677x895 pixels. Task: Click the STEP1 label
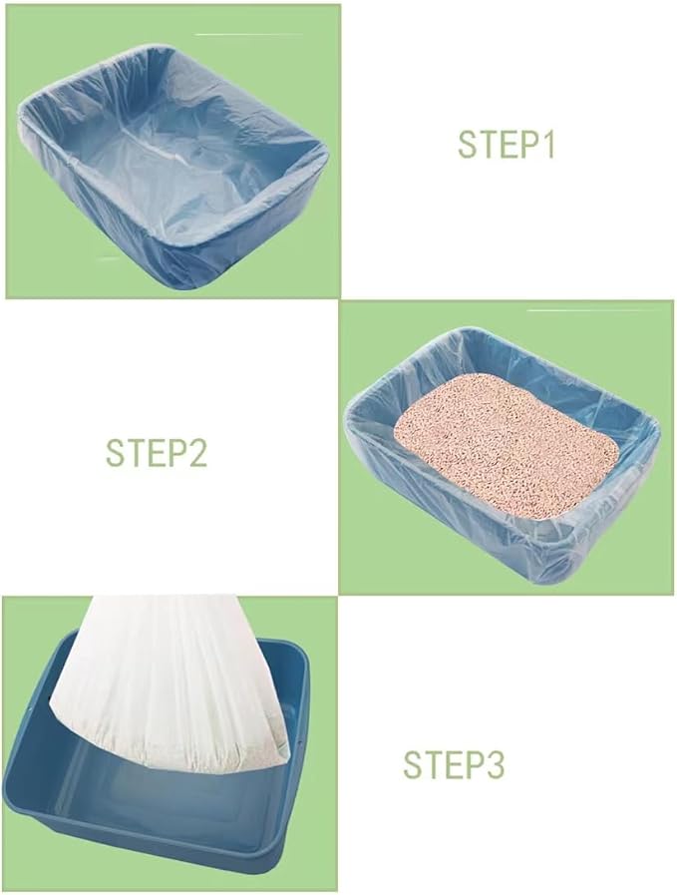[x=506, y=144]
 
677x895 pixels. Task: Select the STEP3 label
[x=454, y=765]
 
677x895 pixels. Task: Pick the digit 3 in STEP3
[x=495, y=765]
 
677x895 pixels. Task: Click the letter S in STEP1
[x=467, y=144]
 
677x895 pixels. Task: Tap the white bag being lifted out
[x=169, y=678]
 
